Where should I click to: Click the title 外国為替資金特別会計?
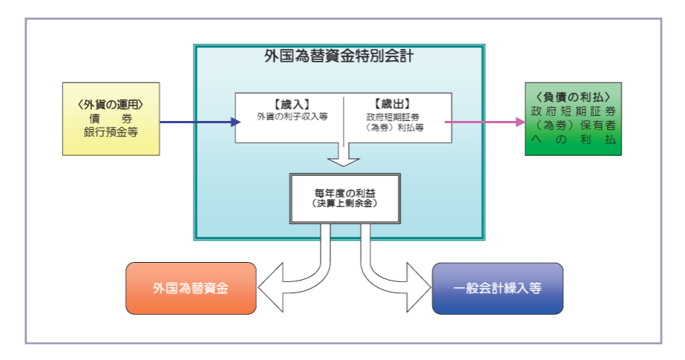click(x=338, y=56)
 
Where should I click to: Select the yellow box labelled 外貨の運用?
click(x=111, y=118)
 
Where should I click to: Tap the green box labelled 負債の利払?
click(x=572, y=118)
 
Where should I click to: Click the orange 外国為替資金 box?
click(x=191, y=288)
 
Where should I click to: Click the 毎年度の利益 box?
click(x=345, y=198)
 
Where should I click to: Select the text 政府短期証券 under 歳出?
click(x=394, y=117)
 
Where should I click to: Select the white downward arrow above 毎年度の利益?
click(x=344, y=148)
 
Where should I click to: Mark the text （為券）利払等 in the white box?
click(x=394, y=128)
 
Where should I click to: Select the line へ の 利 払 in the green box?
click(x=572, y=140)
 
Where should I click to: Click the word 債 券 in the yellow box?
click(x=111, y=119)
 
